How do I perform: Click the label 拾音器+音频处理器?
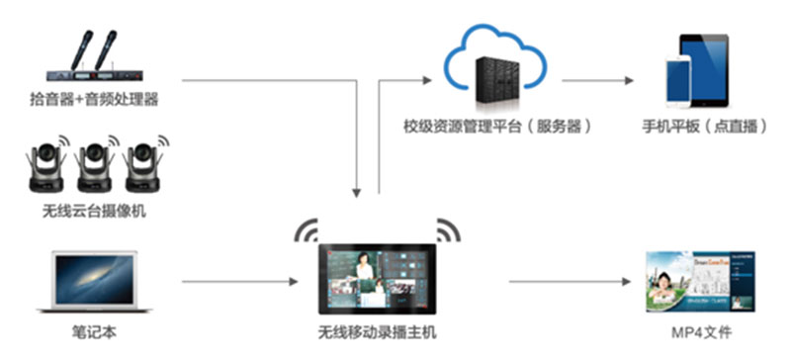(94, 98)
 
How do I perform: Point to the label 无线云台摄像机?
(94, 211)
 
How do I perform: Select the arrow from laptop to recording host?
(237, 282)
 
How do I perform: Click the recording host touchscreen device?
(377, 278)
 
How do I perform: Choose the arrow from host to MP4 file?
(569, 282)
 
